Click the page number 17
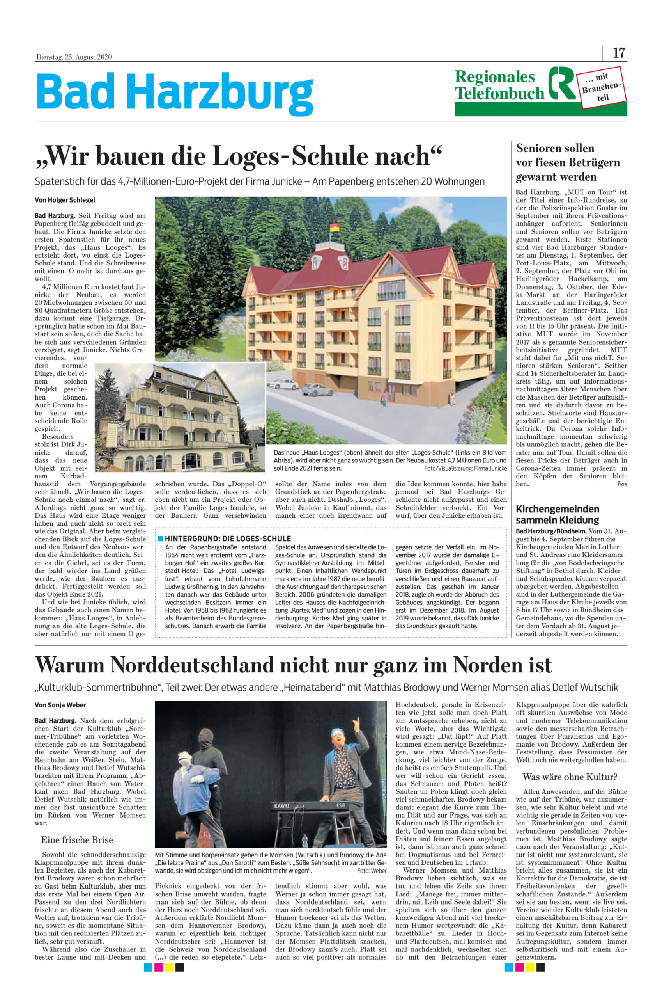coord(619,53)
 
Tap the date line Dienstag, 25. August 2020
coord(73,57)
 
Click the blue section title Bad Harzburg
coord(174,92)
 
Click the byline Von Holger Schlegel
coord(65,200)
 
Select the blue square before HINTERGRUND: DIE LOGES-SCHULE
coord(160,539)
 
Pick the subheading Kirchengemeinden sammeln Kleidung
coord(557,514)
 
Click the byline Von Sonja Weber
coord(60,705)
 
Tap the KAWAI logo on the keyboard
coord(282,805)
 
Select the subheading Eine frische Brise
coord(77,840)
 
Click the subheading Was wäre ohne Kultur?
coord(570,777)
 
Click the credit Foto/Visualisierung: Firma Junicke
coord(465,468)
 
